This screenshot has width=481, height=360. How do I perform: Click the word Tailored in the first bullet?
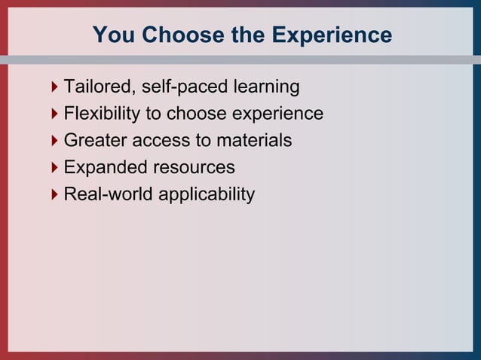coord(96,87)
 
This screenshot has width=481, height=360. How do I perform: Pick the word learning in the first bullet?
coord(261,87)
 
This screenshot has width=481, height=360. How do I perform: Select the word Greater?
coord(95,140)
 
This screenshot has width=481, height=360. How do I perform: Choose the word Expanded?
coord(102,167)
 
